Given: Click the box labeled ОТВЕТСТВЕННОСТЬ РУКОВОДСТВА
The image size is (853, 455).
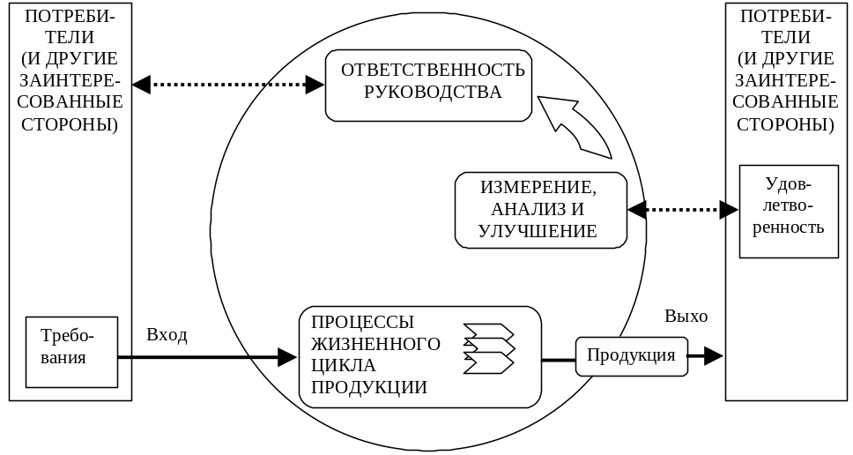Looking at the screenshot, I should coord(428,86).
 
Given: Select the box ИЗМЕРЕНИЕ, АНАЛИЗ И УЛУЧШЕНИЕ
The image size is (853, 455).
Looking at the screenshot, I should coord(540,210).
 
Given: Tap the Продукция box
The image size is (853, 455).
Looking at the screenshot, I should coord(631,356).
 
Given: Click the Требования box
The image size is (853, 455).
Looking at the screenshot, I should coord(71,351).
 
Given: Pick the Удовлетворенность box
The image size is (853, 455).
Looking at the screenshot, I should coord(788,211).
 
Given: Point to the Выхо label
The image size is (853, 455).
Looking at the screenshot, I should coord(687,317).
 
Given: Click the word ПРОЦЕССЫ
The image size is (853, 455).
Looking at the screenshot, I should coord(363,322).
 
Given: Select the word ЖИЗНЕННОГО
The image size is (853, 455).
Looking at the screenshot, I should coord(375,343).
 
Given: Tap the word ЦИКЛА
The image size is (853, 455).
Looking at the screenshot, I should coord(344,364).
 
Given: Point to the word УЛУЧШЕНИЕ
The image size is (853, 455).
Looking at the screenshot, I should coord(538,231).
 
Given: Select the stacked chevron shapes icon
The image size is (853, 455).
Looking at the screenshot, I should coord(488,347).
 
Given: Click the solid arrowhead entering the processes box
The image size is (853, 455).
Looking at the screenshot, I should coord(287,357).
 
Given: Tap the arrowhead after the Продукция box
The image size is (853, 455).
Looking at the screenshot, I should coord(713,355).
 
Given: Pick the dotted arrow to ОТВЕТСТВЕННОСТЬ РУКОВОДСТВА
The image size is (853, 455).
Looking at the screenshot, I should coord(228,85).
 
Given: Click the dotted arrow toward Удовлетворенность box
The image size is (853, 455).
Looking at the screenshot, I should coord(683,210).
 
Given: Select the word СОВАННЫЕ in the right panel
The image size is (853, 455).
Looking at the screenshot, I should coord(788,100).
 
